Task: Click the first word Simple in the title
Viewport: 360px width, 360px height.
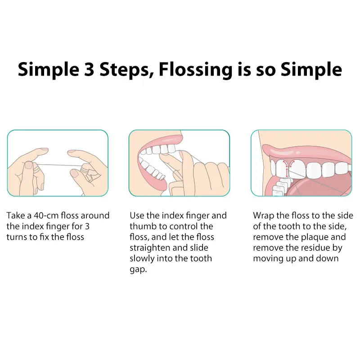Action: pyautogui.click(x=46, y=70)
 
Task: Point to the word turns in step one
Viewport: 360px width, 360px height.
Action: pyautogui.click(x=16, y=237)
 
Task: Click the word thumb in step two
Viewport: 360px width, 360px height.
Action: pyautogui.click(x=142, y=226)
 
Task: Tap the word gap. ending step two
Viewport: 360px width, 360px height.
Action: pyautogui.click(x=138, y=269)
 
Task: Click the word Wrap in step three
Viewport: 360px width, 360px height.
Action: pyautogui.click(x=262, y=216)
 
